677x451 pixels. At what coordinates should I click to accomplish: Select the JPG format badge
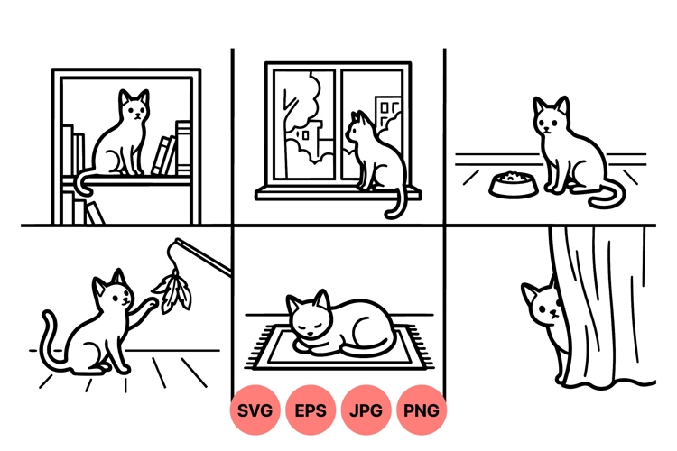[366, 411]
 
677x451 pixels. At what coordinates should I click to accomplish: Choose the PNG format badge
[422, 411]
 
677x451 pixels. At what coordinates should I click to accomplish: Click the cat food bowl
[511, 184]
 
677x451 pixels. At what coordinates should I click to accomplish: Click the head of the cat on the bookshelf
[134, 107]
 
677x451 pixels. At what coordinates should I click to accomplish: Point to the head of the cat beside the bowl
[550, 117]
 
